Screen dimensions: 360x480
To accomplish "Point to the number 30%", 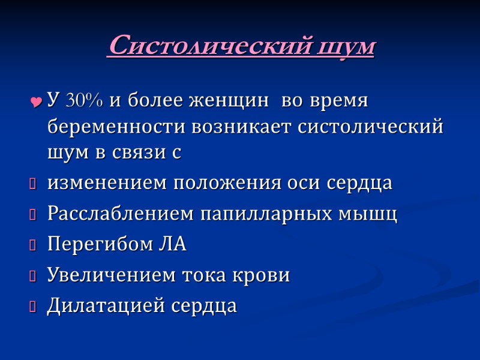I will point(84,101).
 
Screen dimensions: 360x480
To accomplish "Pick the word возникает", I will point(244,127).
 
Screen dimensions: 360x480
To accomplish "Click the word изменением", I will point(108,184).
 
